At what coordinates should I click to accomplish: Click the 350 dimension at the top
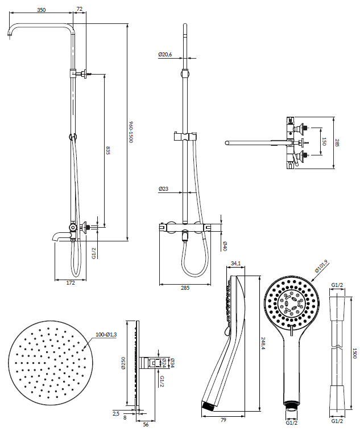point(41,10)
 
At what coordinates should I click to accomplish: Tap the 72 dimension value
point(80,9)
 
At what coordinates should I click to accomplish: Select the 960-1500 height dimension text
point(131,132)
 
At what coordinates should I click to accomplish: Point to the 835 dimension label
point(108,150)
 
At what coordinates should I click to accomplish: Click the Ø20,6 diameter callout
point(165,55)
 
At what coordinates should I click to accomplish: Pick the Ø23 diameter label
point(163,189)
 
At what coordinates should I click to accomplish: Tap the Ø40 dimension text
point(225,246)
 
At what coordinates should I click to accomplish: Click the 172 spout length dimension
point(71,283)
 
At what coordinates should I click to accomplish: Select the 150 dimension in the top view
point(324,142)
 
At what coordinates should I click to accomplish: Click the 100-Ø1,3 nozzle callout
point(106,335)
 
